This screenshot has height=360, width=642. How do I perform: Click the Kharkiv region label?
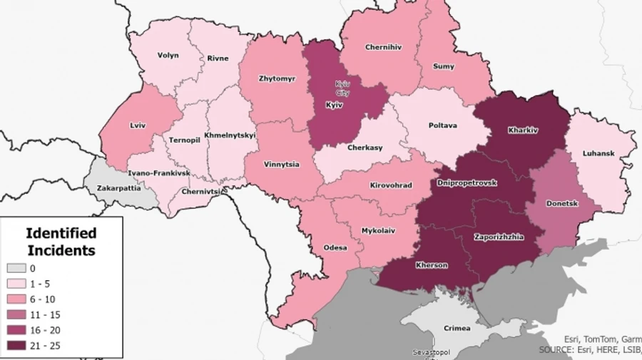tap(523, 130)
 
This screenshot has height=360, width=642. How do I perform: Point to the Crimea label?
tap(457, 328)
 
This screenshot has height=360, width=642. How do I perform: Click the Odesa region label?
tap(335, 247)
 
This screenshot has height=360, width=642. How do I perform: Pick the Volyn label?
tap(168, 55)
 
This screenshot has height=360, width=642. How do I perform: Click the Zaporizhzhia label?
tap(499, 236)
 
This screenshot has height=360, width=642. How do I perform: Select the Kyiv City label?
tap(343, 88)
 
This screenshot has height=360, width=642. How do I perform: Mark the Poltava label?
tap(443, 125)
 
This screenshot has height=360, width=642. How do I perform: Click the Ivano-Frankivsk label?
tap(159, 173)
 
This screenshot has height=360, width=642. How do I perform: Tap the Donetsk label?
tap(561, 203)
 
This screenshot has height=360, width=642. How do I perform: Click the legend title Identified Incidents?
tap(61, 242)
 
